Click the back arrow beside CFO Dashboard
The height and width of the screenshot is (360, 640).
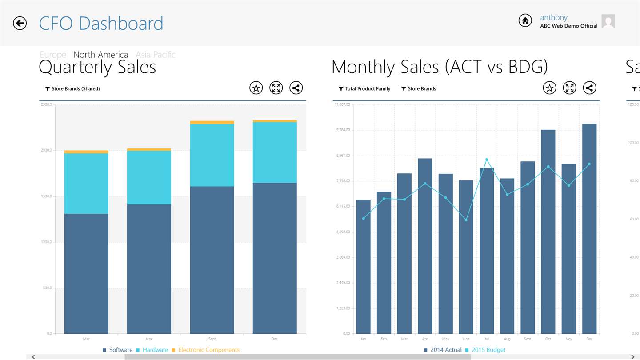pos(20,23)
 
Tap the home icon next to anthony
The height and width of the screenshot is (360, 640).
pos(525,20)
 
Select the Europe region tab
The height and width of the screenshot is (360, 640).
pos(53,55)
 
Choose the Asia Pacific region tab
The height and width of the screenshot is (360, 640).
pos(156,55)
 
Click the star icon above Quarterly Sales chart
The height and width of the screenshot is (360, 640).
pos(256,88)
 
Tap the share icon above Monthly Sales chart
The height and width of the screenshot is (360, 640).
pos(589,88)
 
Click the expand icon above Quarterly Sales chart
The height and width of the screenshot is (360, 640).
pos(276,88)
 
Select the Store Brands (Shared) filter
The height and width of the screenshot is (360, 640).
pos(72,89)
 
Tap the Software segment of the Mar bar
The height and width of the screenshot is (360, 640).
pos(86,273)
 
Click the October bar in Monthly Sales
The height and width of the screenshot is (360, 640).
pos(548,231)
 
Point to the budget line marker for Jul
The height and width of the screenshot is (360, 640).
pos(487,160)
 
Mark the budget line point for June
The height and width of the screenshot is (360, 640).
pos(466,220)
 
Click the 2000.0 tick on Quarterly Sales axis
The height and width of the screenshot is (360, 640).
pos(46,150)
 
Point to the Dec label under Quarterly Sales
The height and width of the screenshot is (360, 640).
pos(274,339)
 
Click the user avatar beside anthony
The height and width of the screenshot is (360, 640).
pos(608,21)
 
